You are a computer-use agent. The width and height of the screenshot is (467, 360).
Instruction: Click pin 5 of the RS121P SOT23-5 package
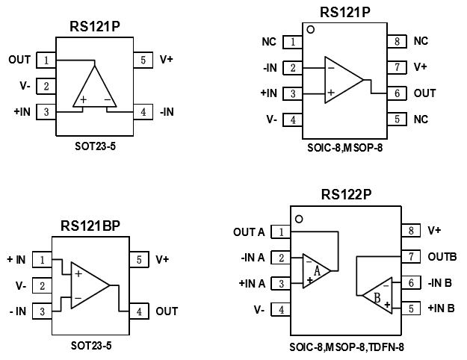[142, 60]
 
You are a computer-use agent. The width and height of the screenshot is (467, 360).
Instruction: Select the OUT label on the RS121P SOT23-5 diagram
[19, 60]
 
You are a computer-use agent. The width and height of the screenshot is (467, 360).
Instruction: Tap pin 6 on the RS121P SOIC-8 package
[396, 93]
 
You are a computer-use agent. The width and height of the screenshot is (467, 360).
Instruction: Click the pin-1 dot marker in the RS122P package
[300, 219]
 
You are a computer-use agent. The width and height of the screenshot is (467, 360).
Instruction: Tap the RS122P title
[346, 196]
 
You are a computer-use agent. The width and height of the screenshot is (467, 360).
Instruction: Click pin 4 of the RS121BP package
[142, 311]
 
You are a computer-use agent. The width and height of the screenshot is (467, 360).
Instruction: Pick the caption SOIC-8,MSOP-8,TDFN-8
[346, 347]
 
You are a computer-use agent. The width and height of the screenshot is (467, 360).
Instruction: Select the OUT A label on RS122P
[249, 232]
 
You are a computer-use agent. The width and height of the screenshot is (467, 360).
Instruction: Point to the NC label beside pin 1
[269, 42]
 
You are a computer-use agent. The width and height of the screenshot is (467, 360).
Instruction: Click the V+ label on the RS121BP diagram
[164, 260]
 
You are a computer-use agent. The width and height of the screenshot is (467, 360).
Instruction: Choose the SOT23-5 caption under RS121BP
[93, 347]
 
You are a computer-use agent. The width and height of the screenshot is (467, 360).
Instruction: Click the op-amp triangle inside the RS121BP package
[90, 285]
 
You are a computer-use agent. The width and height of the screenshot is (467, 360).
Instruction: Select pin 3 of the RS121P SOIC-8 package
[294, 93]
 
